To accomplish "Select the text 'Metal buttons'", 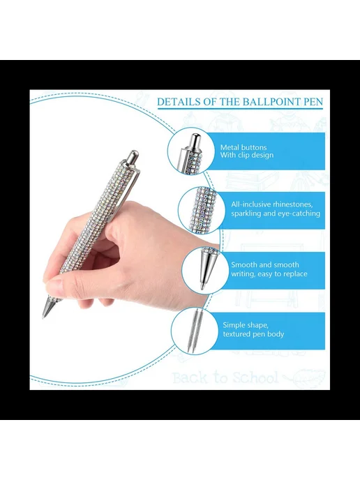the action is [x=243, y=147].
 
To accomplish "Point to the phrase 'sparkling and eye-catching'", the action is [x=276, y=213].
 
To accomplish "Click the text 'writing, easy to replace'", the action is [x=269, y=274].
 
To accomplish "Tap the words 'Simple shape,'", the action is [x=246, y=325].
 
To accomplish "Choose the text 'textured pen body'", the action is [x=253, y=334].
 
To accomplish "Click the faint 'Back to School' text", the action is [x=225, y=377].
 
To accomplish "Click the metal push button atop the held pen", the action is [x=133, y=158].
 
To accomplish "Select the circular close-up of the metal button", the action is [x=190, y=151].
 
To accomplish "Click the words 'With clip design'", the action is [x=247, y=155].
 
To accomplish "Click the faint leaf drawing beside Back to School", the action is [x=306, y=377].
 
